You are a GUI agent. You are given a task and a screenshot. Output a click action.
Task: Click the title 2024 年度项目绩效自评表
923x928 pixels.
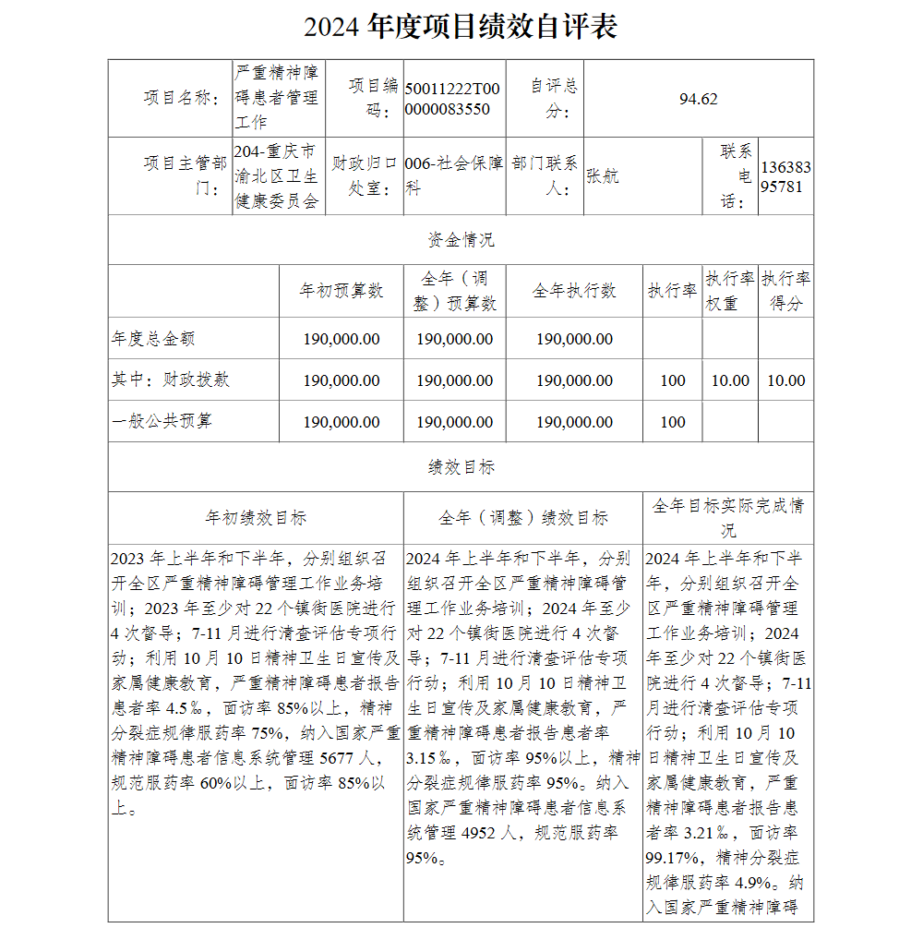click(461, 27)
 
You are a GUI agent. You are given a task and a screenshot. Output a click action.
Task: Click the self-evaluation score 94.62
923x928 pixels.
click(698, 100)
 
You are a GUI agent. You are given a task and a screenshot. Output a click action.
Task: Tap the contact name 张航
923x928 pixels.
click(603, 176)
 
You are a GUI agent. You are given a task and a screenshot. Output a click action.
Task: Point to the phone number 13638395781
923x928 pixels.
click(786, 176)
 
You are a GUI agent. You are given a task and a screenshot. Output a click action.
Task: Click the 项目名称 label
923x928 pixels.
click(181, 99)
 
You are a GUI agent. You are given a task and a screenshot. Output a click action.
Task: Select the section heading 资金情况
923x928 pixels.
click(461, 240)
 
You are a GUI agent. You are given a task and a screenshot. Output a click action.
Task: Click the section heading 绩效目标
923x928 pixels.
click(461, 467)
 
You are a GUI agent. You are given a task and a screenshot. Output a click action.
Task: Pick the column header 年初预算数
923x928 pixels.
click(342, 291)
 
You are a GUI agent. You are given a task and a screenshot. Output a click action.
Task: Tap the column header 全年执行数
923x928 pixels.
click(574, 291)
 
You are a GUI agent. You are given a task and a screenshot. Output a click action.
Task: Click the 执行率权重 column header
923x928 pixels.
click(729, 291)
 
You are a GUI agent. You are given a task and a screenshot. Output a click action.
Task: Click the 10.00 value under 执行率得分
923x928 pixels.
click(785, 380)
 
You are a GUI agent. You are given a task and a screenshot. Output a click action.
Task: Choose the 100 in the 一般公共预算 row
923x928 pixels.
click(673, 422)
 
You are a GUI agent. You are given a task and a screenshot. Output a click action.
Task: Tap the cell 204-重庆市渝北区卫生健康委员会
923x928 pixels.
click(276, 176)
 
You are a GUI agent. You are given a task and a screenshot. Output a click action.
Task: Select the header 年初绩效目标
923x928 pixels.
click(256, 518)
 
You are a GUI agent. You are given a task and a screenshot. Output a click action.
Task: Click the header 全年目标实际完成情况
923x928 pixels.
click(728, 518)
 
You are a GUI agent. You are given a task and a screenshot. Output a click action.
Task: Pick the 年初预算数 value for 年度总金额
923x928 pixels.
click(342, 339)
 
